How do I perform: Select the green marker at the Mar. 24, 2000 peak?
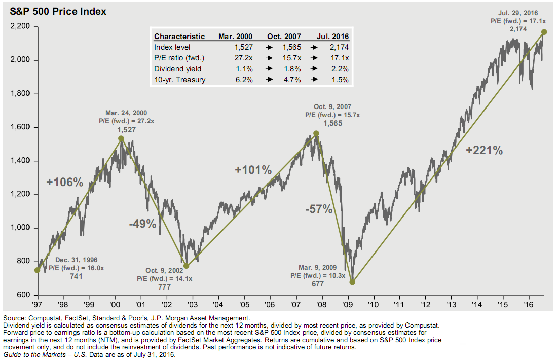(121, 138)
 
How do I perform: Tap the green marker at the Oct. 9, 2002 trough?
(186, 266)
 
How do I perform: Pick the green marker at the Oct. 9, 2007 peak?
(316, 133)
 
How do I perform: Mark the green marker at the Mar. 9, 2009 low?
(353, 282)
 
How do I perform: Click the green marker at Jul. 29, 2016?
(544, 32)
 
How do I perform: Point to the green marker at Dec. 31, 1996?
(37, 270)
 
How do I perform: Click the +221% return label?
(485, 150)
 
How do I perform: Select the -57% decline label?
(319, 209)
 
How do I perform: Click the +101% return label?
(253, 170)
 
